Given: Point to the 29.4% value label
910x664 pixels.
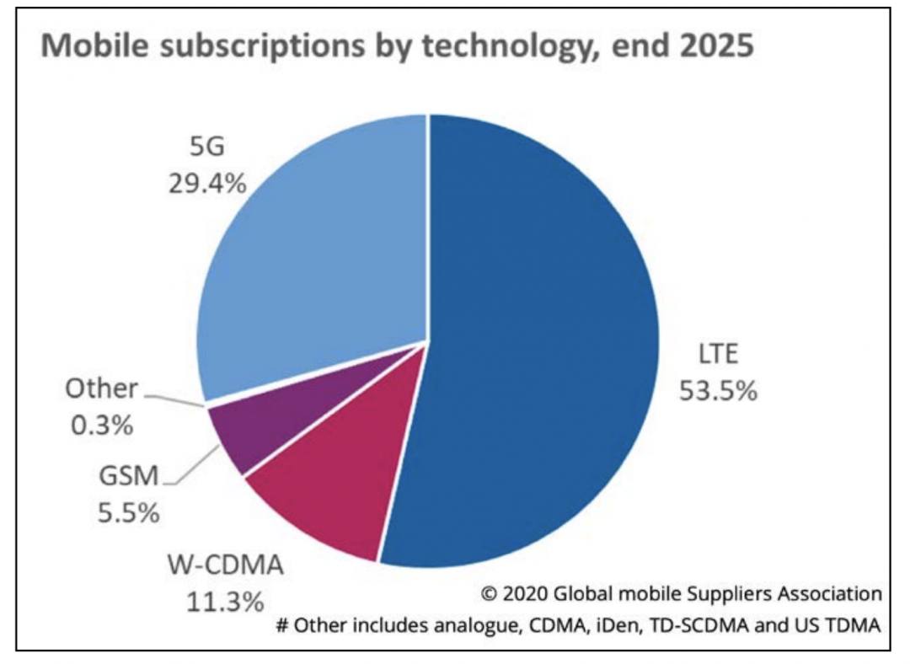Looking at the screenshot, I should click(x=207, y=183).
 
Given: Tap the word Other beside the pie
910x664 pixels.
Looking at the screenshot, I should click(x=101, y=388).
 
